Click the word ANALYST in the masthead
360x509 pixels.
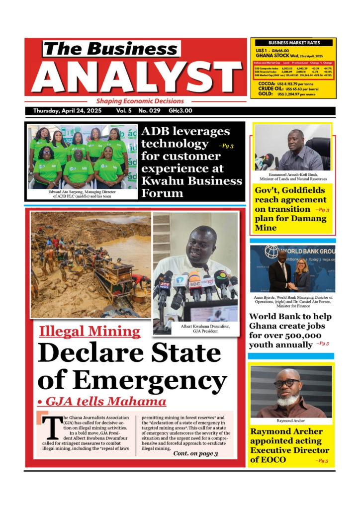[x=136, y=78]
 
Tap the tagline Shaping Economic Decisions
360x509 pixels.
[x=140, y=101]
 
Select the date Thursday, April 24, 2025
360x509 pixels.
[x=68, y=111]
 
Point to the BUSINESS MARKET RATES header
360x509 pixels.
[x=293, y=43]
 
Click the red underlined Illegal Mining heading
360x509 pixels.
[x=90, y=332]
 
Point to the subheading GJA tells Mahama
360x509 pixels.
[x=101, y=402]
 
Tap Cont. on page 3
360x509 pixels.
[x=195, y=454]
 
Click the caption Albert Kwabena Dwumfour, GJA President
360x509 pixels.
[x=195, y=328]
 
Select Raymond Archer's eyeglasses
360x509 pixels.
[x=287, y=383]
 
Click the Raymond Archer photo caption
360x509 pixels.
[x=291, y=421]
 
